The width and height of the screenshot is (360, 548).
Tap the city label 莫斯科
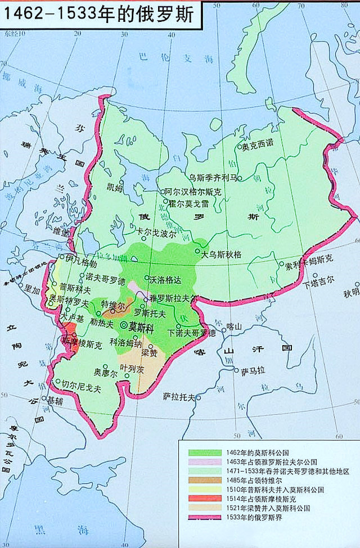click(x=141, y=326)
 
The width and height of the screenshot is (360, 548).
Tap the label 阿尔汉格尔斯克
click(x=193, y=192)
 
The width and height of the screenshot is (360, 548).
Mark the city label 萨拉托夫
click(x=179, y=397)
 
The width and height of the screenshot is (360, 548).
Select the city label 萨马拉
click(x=253, y=371)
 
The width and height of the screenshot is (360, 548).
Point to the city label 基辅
click(x=55, y=401)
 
